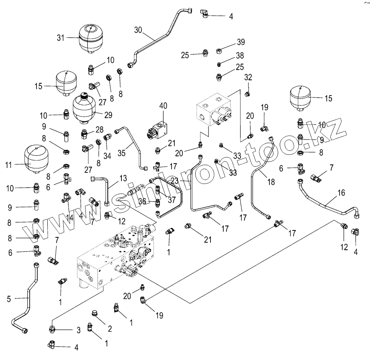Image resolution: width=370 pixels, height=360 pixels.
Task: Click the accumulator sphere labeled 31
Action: (90, 38)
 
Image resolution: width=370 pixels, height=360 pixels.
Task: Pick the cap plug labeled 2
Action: (96, 313)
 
